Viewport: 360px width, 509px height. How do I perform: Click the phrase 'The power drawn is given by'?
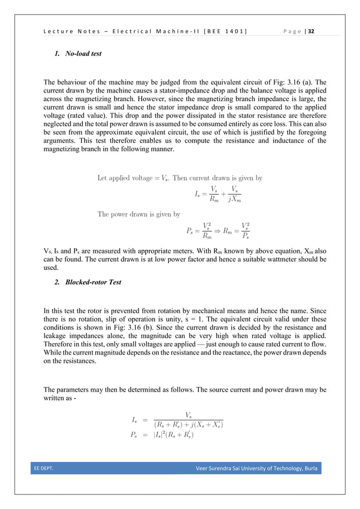(139, 214)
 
